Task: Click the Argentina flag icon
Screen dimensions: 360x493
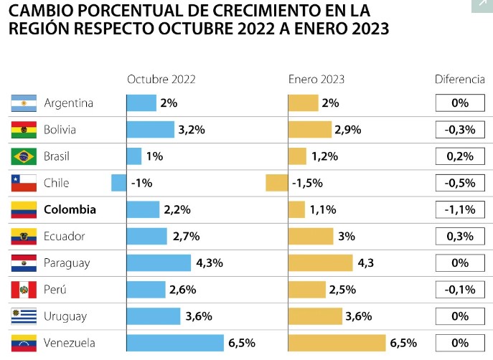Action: (x=24, y=103)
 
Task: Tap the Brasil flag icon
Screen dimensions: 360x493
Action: (x=24, y=156)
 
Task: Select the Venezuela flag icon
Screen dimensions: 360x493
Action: (x=24, y=343)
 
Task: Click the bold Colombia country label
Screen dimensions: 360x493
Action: (x=70, y=209)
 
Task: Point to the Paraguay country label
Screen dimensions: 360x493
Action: (x=67, y=262)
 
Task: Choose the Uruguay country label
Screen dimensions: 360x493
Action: (x=65, y=316)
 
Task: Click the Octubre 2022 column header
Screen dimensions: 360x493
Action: (x=161, y=80)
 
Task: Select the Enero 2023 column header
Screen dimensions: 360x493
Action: (x=317, y=80)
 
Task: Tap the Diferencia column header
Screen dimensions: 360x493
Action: (x=460, y=80)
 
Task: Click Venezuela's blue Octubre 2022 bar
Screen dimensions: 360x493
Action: (x=175, y=343)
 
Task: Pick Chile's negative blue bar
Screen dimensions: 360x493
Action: (x=119, y=183)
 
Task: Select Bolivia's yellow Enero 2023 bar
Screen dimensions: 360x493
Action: (x=309, y=130)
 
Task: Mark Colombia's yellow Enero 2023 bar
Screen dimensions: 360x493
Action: (x=296, y=209)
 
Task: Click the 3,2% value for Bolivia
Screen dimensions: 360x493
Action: (x=192, y=130)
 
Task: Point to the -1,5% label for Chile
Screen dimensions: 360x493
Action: (x=308, y=183)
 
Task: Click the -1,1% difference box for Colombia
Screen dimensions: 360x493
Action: (x=460, y=209)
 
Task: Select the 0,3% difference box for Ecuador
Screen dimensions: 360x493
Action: (x=460, y=236)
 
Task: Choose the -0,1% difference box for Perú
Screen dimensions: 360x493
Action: (x=460, y=290)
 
